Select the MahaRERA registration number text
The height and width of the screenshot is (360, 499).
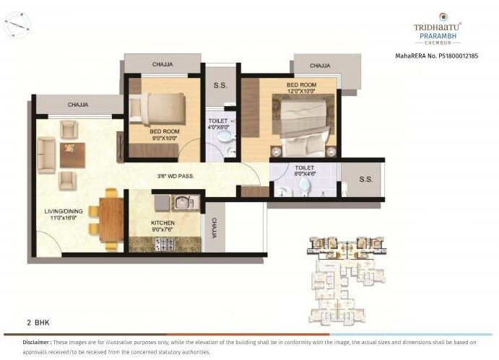click(436, 56)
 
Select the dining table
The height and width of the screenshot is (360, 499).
click(110, 216)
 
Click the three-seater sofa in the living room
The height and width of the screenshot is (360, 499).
click(47, 153)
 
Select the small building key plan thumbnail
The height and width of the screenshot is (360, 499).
click(342, 278)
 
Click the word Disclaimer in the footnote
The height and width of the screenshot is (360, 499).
click(36, 342)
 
